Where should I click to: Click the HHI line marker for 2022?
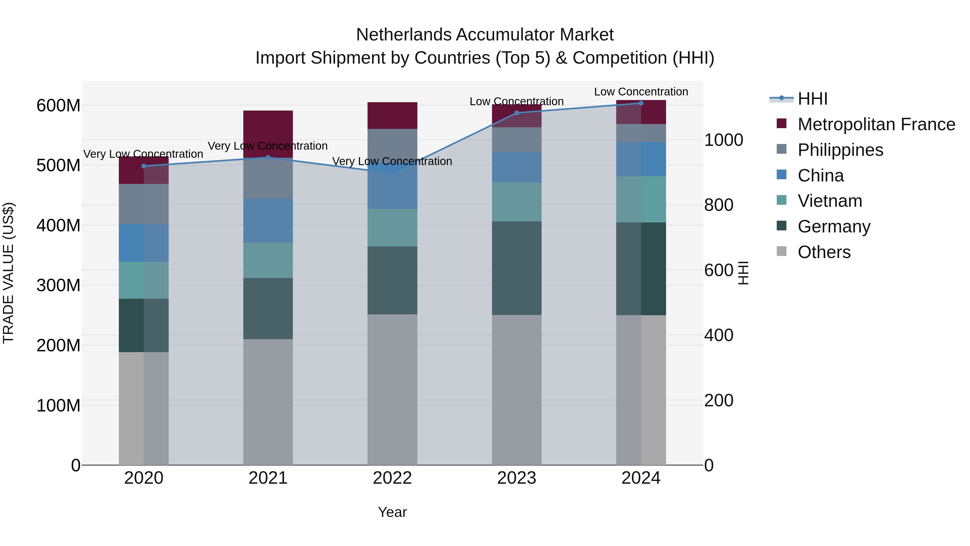[392, 173]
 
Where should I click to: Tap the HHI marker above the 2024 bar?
[641, 103]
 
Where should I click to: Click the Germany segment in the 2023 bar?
[516, 268]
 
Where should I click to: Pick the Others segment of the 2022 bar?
[392, 389]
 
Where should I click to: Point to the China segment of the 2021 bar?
[268, 221]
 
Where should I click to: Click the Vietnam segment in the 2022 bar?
[392, 228]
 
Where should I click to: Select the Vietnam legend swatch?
[781, 200]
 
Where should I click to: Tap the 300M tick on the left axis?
[58, 285]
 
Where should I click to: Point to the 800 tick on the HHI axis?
[718, 205]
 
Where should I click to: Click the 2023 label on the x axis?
[516, 478]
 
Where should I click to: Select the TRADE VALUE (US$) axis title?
[8, 273]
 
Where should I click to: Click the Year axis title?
[392, 512]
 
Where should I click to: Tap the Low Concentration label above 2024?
[641, 92]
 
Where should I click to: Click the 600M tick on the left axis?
[58, 105]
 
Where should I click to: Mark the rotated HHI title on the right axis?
[743, 273]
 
